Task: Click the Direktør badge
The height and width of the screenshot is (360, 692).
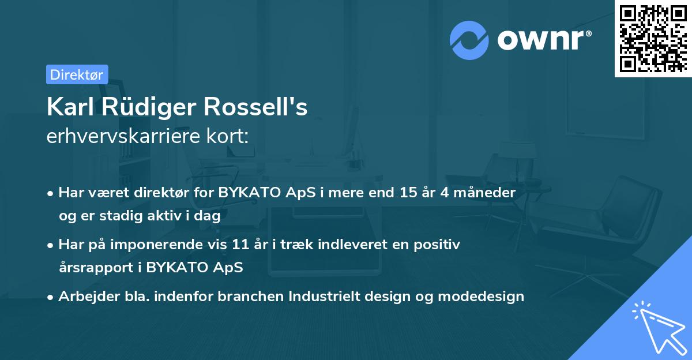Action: click(77, 74)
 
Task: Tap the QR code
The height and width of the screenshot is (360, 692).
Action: click(653, 39)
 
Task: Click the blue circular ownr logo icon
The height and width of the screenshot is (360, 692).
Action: click(469, 40)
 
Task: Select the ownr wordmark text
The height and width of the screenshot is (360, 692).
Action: click(544, 40)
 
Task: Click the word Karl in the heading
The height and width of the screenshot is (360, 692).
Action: click(70, 107)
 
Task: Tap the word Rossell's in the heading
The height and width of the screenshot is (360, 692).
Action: click(255, 107)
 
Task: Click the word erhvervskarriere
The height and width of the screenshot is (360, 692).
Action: click(123, 136)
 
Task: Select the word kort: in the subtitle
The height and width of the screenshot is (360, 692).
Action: click(228, 136)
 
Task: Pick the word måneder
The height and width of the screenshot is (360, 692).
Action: click(484, 193)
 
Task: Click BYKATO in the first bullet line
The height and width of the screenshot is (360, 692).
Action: click(249, 193)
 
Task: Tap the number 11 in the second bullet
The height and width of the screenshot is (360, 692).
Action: click(240, 245)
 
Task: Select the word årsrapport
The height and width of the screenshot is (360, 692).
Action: click(96, 268)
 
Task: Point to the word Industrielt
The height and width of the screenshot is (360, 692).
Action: click(324, 297)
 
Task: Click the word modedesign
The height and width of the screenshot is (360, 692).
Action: click(481, 297)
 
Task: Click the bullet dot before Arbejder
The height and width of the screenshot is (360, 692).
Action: click(50, 298)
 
